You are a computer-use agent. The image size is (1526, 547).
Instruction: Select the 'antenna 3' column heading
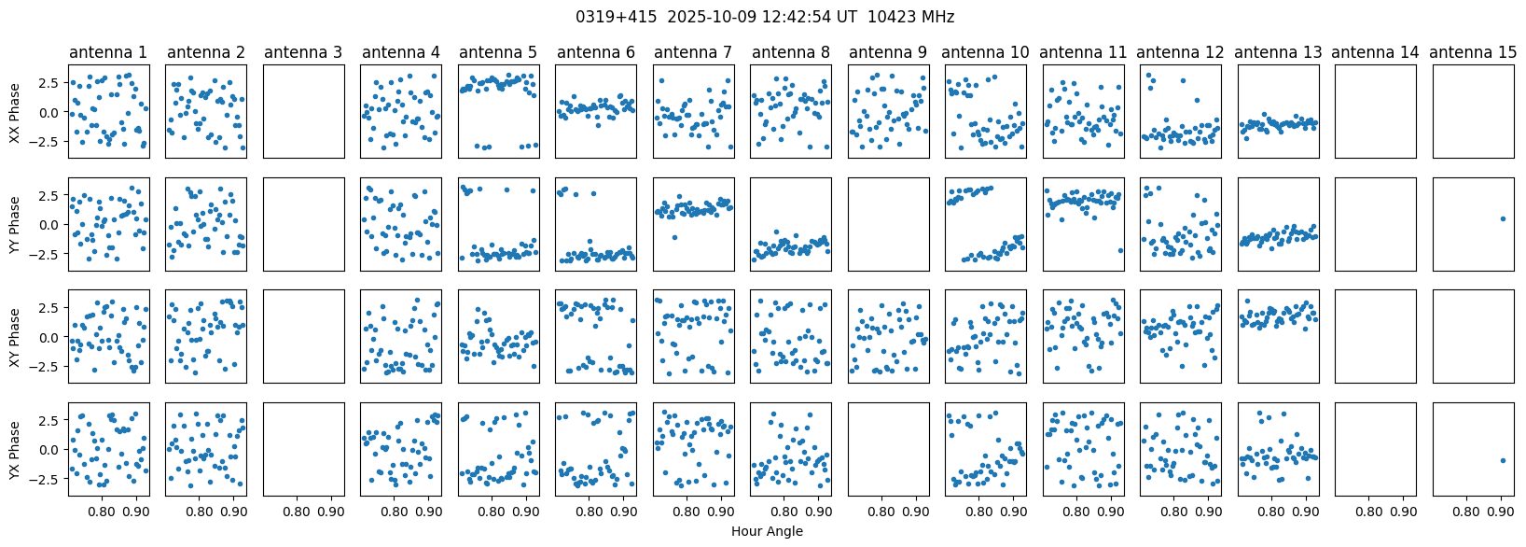click(303, 52)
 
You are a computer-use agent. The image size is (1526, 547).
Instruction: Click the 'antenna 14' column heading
click(1376, 52)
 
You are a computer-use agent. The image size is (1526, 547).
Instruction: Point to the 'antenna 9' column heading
click(888, 52)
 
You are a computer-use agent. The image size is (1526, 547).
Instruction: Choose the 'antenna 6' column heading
click(596, 52)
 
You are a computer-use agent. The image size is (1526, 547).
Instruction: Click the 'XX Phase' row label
click(15, 112)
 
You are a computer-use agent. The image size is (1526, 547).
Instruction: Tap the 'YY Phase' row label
click(15, 224)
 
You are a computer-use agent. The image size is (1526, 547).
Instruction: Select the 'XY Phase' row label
click(15, 338)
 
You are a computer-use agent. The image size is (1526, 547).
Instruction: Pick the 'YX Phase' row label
click(15, 450)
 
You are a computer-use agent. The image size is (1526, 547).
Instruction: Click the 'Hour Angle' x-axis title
click(767, 531)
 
